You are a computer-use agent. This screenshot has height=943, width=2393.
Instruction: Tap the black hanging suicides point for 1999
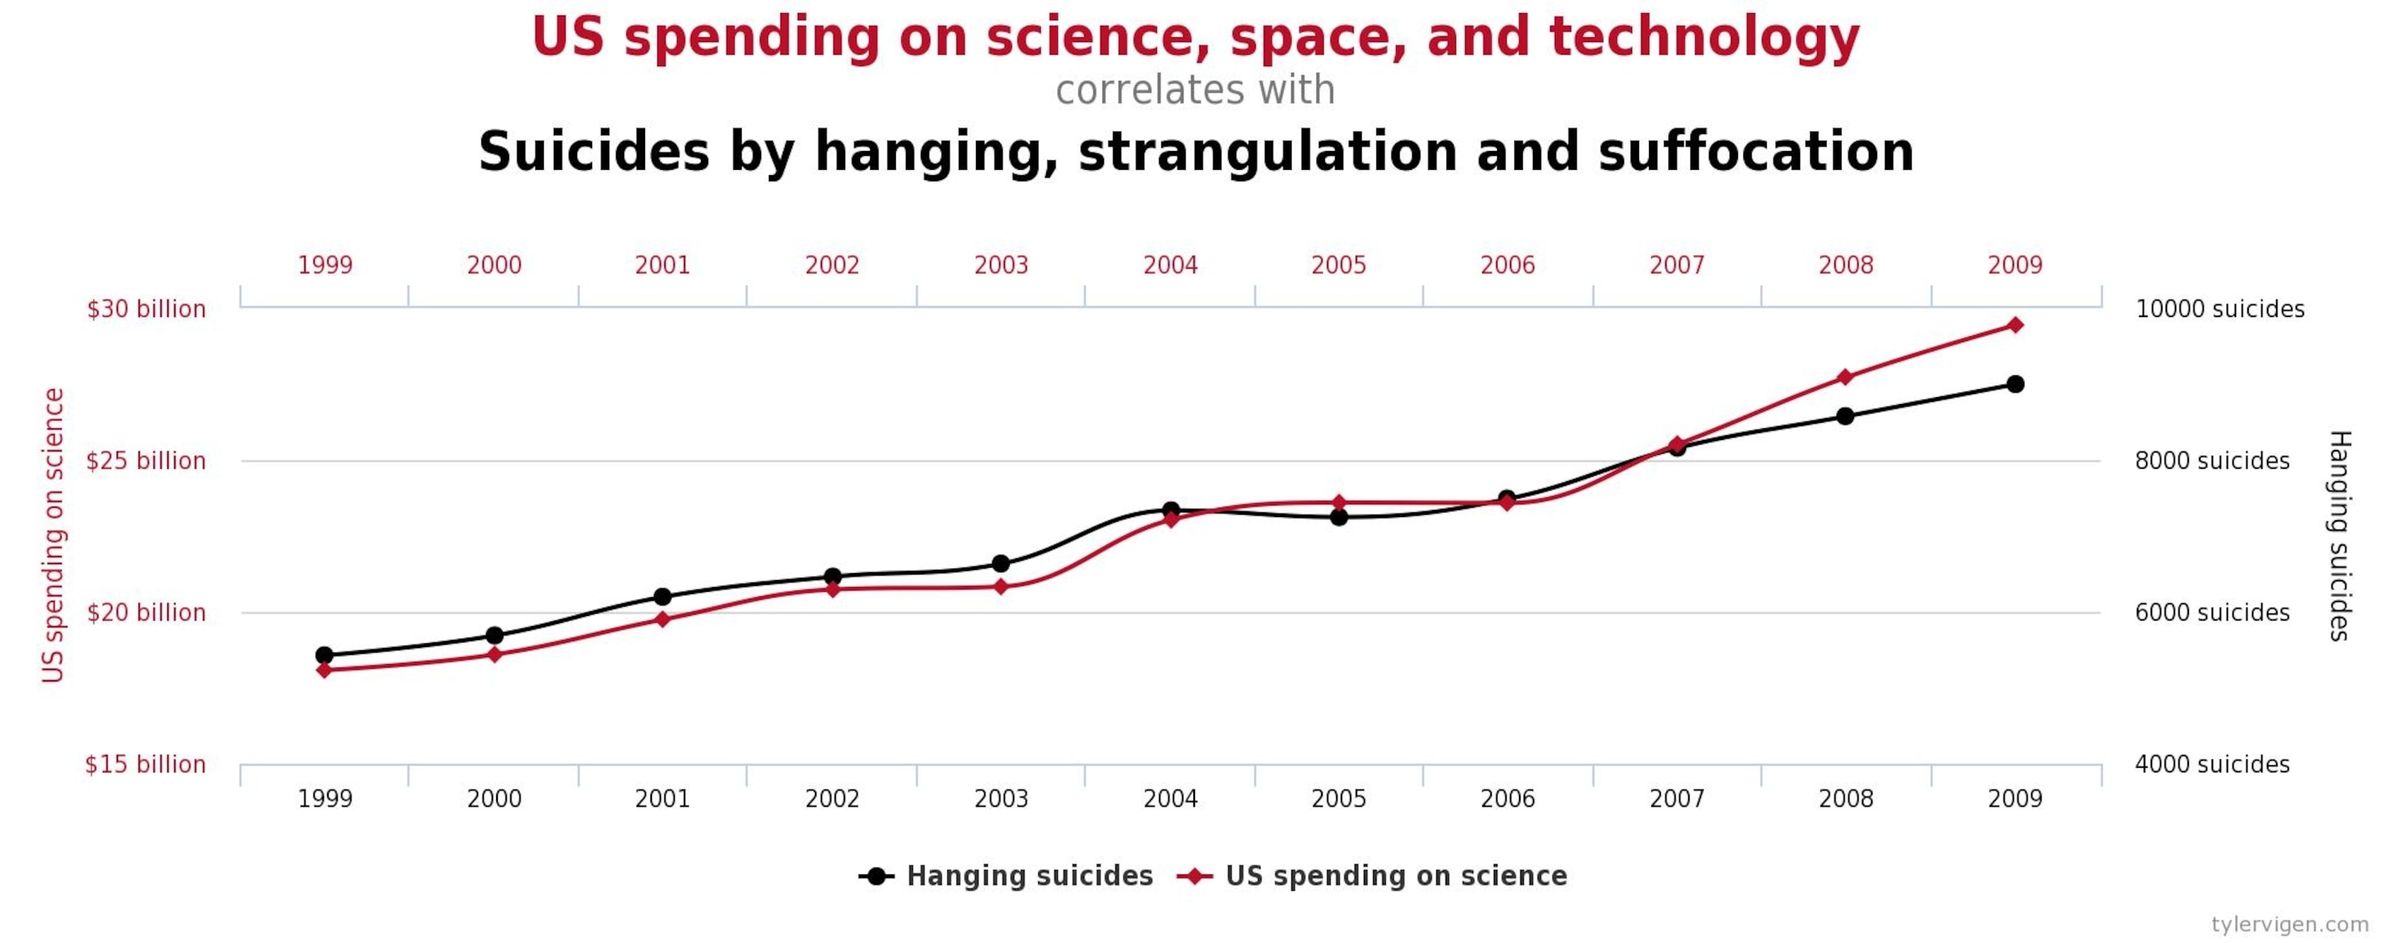pos(324,655)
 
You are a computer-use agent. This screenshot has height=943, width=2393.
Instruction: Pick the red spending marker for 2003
pos(1000,586)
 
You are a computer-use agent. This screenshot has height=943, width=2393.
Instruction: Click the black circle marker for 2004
pos(1171,510)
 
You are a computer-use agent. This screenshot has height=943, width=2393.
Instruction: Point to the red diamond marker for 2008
pos(1845,377)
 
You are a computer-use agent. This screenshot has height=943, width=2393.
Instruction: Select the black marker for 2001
pos(662,596)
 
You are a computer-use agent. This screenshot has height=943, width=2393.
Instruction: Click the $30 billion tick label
pos(146,308)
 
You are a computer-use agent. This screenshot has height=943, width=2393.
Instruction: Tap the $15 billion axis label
pos(145,764)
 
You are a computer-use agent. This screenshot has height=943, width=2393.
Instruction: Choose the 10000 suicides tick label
pos(2219,308)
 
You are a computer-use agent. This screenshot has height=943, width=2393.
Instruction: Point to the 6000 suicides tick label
pos(2211,612)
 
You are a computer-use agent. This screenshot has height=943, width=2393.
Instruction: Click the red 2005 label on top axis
pos(1338,266)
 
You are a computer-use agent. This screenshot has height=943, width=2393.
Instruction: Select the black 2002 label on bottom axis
pos(831,798)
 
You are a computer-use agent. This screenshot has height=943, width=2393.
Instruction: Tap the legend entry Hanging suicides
pos(1028,875)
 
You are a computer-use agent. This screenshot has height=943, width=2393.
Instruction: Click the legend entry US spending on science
pos(1395,875)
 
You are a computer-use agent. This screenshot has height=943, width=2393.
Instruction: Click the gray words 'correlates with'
pos(1195,90)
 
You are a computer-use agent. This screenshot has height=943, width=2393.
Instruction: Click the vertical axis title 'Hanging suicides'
pos(2339,535)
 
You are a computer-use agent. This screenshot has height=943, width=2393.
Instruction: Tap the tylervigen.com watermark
pos(2290,924)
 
